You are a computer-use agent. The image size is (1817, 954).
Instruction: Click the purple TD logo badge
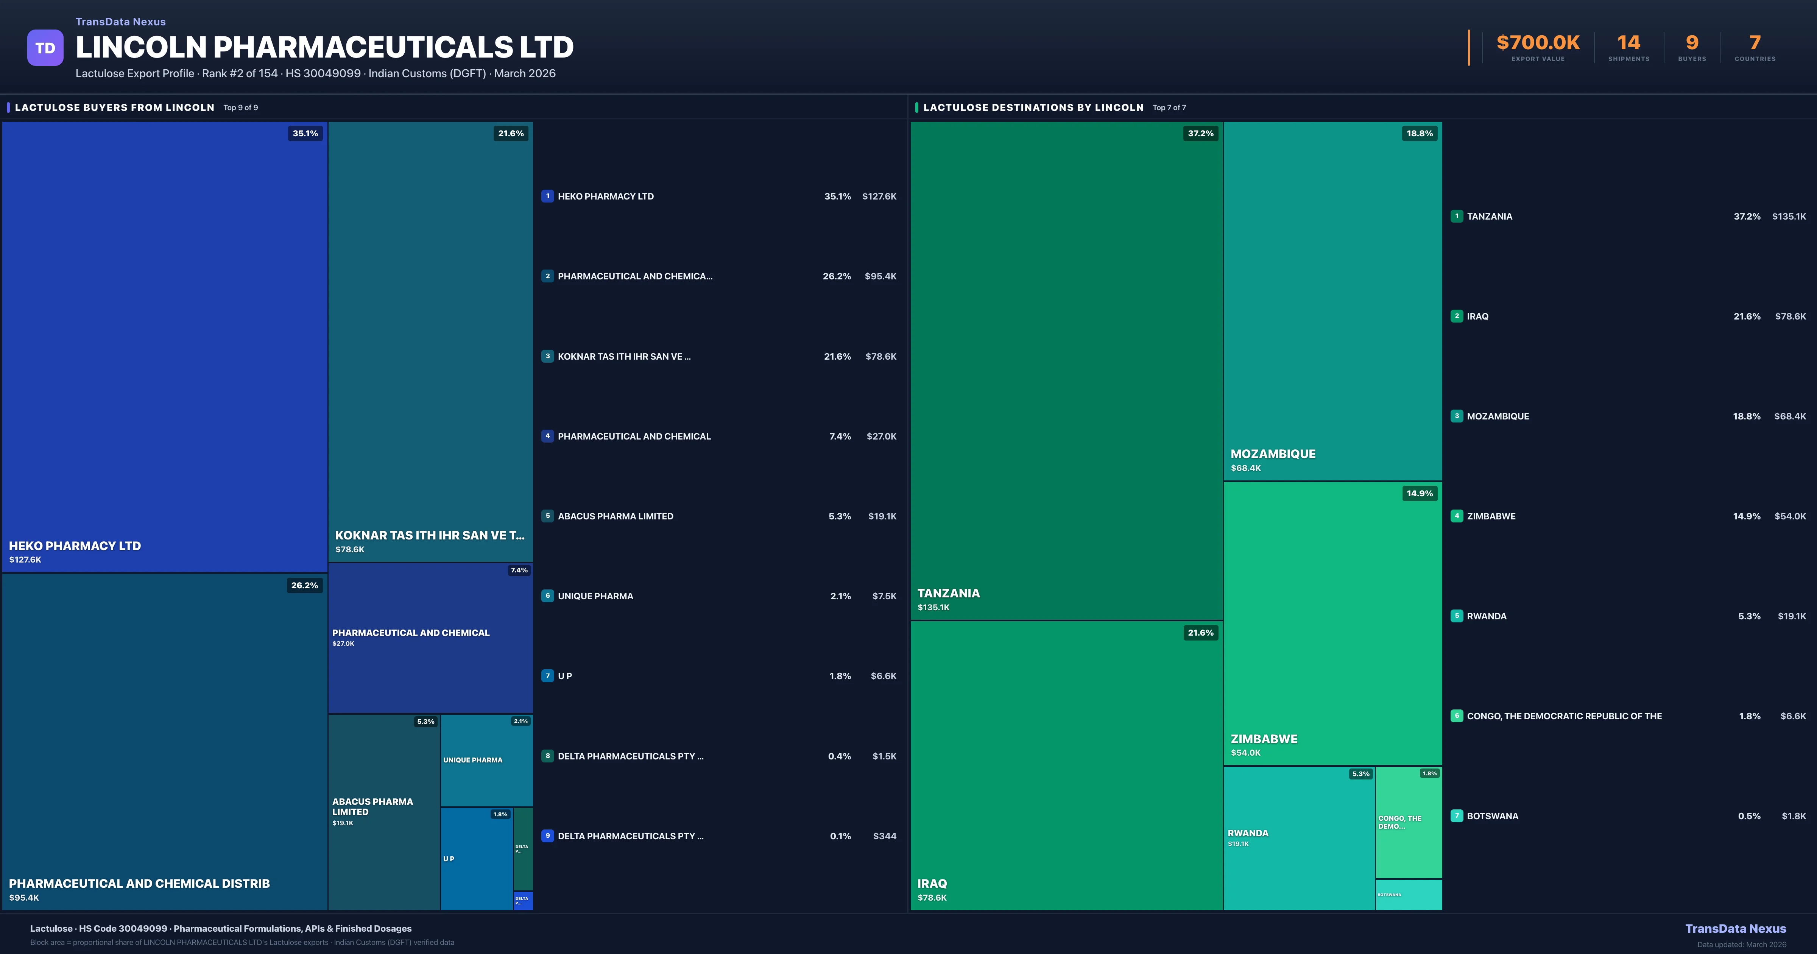tap(45, 48)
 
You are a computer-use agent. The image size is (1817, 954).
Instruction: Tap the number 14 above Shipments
tap(1628, 43)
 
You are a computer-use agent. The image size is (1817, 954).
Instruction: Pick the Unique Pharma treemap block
tap(486, 760)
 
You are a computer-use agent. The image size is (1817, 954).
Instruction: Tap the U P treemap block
tap(476, 859)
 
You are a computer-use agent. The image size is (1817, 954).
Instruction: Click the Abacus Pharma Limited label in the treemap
tap(372, 806)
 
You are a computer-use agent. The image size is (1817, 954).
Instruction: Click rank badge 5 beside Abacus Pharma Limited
tap(547, 516)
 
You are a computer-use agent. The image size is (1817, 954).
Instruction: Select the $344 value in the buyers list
tap(885, 836)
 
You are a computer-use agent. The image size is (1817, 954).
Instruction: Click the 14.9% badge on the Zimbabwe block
tap(1419, 493)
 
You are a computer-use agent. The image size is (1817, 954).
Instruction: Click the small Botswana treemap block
tap(1409, 895)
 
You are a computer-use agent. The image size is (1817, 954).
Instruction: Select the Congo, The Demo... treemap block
tap(1409, 822)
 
